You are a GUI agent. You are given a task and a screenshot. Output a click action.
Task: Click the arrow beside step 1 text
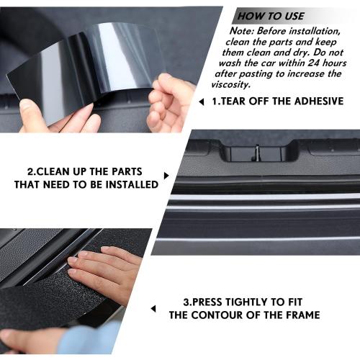tap(202, 102)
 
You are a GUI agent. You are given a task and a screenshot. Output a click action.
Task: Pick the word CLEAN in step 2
tap(56, 171)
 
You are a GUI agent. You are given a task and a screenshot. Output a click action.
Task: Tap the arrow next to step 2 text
tap(166, 175)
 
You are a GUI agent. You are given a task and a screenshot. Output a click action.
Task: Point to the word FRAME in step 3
tap(301, 315)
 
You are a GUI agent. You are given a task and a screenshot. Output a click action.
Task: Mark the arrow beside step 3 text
tap(153, 309)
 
